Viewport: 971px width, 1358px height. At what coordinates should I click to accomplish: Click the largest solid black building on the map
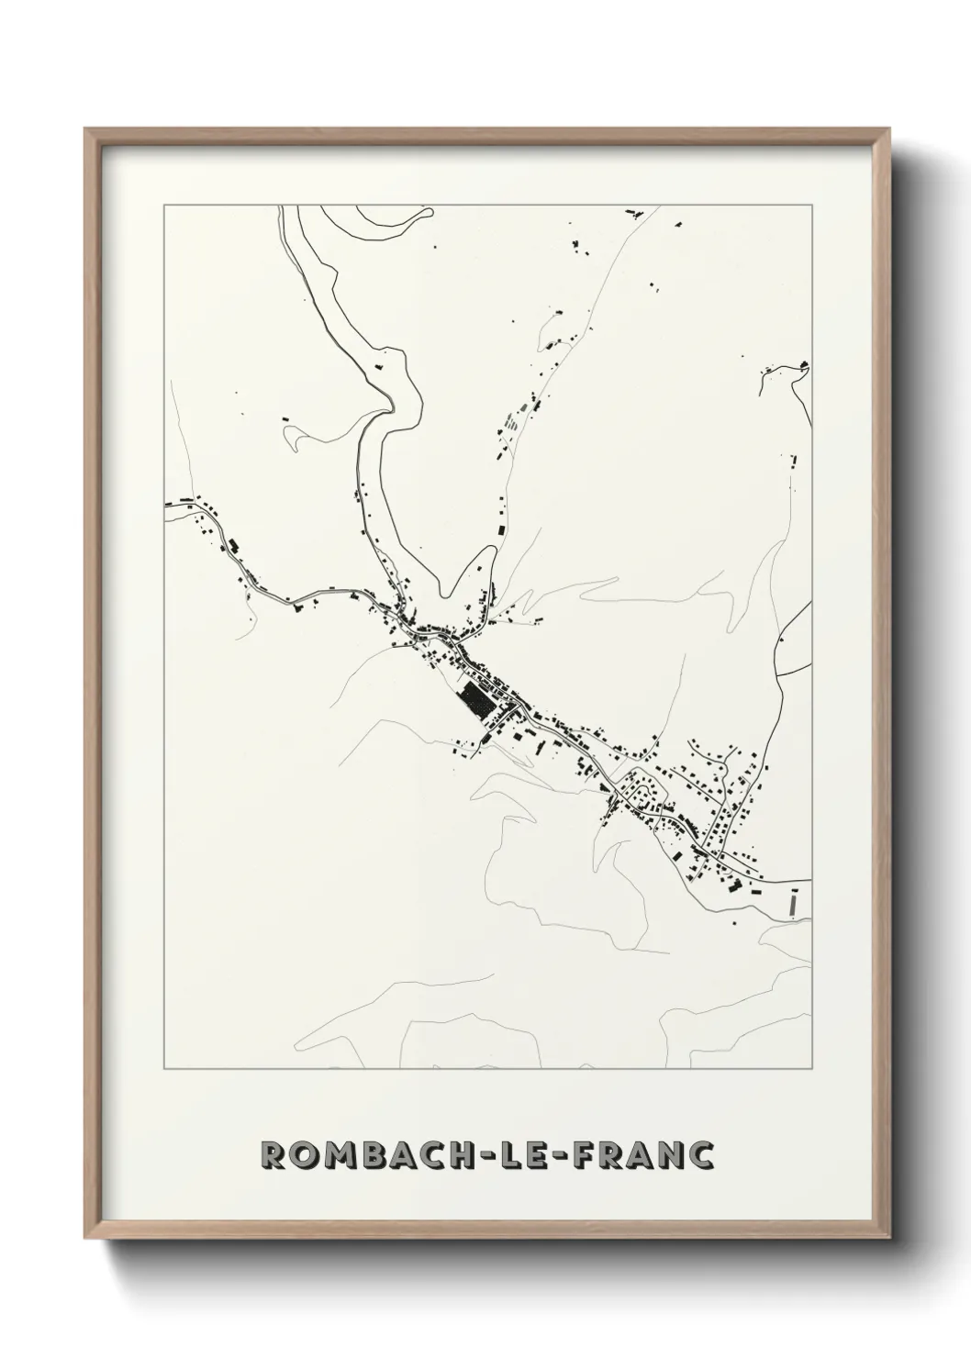pos(475,701)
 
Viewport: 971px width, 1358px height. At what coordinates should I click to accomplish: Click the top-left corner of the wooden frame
pos(85,129)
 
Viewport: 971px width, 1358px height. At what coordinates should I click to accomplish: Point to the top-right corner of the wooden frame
pos(889,129)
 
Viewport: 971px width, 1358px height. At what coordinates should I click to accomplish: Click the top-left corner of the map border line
pos(164,206)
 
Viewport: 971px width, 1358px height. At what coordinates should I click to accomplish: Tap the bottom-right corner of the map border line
pos(812,1069)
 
